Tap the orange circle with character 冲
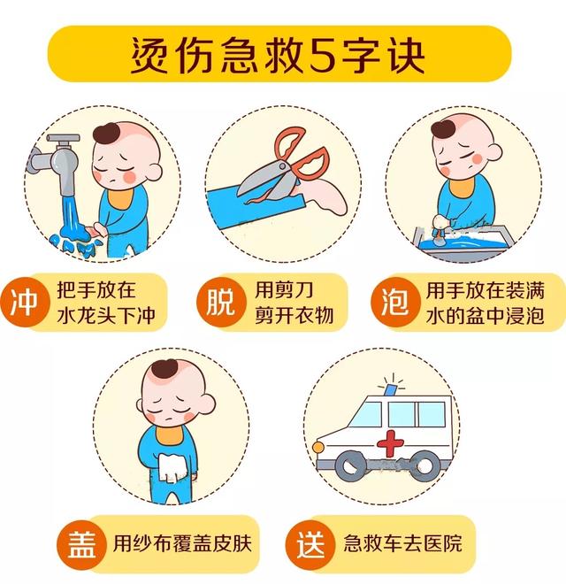(x=24, y=303)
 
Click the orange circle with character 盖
(x=80, y=542)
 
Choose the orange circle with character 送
(x=310, y=542)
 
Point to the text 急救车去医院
(x=402, y=542)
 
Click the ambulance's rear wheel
(x=425, y=463)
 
